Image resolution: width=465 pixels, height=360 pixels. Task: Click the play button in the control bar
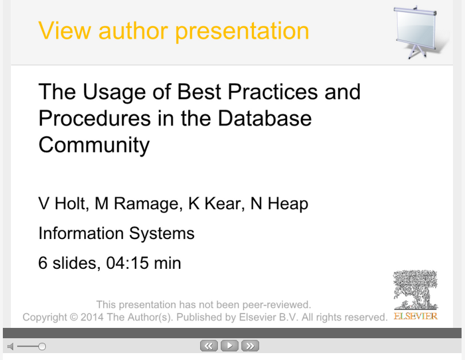pos(229,346)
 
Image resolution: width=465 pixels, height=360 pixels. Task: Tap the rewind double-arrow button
pos(209,346)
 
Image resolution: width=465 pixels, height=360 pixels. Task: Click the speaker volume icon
pos(10,346)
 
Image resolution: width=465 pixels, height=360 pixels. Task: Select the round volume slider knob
pos(42,346)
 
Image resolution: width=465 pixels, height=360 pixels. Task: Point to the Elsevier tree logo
pos(416,289)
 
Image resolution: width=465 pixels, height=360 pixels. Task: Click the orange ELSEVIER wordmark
pos(416,316)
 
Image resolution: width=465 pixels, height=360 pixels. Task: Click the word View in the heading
pos(65,30)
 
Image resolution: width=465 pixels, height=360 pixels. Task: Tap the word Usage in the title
pos(114,92)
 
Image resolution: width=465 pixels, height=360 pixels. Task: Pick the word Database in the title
pos(264,118)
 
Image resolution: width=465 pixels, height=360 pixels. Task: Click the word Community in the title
pos(94,145)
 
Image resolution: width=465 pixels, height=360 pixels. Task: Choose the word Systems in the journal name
pos(162,233)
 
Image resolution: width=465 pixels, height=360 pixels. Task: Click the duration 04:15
pos(127,263)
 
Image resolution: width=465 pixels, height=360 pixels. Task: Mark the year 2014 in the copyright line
pos(92,317)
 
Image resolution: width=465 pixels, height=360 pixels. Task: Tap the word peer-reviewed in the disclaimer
pos(277,304)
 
